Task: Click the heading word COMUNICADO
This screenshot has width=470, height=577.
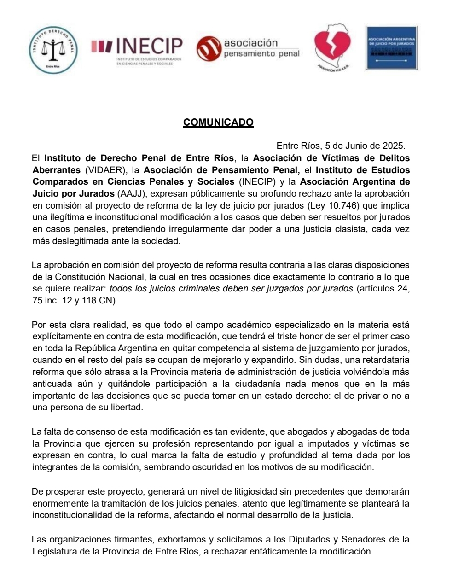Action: (x=218, y=122)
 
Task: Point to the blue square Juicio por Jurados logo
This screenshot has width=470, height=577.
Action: (x=392, y=47)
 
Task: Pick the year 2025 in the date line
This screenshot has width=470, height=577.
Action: (x=393, y=146)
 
